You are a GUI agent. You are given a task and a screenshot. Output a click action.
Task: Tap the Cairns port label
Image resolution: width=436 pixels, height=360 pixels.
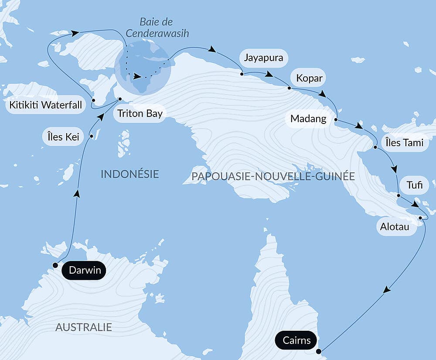(x=296, y=340)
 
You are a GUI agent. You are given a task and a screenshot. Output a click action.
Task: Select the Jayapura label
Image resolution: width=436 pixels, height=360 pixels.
(x=264, y=58)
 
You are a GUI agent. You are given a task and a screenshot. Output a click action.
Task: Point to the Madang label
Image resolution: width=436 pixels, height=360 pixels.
(x=308, y=119)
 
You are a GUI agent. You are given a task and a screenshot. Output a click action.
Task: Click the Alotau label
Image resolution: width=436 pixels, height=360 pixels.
(x=396, y=226)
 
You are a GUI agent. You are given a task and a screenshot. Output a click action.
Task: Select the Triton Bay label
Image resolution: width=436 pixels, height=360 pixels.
(x=140, y=114)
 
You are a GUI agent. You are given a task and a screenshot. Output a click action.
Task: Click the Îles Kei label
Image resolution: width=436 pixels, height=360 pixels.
(x=63, y=137)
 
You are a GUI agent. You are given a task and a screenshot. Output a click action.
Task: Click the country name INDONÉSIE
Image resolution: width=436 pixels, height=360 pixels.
(x=129, y=174)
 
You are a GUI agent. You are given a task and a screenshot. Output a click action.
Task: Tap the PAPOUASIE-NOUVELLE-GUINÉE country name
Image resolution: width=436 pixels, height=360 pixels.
(x=273, y=176)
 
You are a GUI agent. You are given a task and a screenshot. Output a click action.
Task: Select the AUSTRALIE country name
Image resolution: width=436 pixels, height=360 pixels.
(x=84, y=327)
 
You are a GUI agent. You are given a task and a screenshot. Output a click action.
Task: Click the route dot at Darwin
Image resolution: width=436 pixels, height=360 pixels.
(x=55, y=265)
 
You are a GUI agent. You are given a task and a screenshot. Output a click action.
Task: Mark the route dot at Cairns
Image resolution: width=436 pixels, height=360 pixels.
(x=319, y=351)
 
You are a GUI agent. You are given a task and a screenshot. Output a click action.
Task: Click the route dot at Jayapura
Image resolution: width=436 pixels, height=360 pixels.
(x=242, y=74)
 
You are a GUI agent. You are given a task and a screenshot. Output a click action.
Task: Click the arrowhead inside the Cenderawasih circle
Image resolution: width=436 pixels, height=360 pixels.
(x=137, y=77)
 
